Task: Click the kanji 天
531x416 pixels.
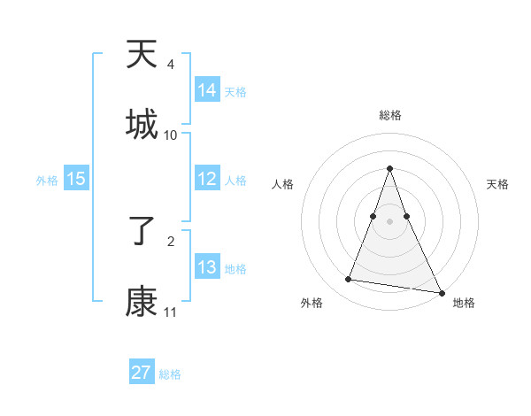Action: coord(142,56)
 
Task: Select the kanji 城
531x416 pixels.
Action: coord(142,124)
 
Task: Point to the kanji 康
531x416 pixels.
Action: coord(142,302)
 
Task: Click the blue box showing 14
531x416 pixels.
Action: coord(207,90)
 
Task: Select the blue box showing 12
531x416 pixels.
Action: coord(207,179)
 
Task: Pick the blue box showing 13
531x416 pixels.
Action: coord(207,267)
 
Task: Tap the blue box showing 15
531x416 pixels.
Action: coord(76,179)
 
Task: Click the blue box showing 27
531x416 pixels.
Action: coord(142,373)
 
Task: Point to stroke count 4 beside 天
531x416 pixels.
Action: coord(171,65)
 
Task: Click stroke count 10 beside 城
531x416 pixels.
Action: coord(171,135)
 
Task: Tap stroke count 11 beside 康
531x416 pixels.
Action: coord(171,312)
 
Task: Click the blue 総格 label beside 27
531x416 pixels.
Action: coord(170,374)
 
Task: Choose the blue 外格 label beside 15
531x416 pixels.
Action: coord(47,181)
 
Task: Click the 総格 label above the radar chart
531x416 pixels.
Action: coord(389,115)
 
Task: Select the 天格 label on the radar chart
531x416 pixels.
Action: coord(498,184)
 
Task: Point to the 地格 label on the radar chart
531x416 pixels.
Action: coord(464,303)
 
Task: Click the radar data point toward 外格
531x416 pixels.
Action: coord(349,280)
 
